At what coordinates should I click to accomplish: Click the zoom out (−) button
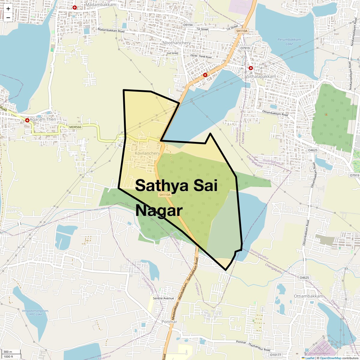[8, 17]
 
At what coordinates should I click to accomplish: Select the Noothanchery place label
[176, 43]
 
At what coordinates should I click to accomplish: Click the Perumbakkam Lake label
[289, 42]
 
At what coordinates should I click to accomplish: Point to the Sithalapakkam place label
[261, 76]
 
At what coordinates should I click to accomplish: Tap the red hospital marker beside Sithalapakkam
[251, 68]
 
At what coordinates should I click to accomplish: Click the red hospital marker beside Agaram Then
[27, 120]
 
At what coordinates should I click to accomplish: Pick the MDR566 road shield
[75, 127]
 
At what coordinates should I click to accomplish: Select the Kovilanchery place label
[147, 153]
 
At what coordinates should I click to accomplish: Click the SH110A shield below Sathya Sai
[165, 195]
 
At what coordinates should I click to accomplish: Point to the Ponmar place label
[169, 322]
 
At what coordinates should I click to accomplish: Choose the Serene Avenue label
[163, 298]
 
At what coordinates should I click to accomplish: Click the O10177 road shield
[275, 355]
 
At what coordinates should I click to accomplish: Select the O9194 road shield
[188, 25]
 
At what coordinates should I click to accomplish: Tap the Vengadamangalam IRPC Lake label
[35, 312]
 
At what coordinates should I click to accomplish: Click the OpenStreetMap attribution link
[330, 358]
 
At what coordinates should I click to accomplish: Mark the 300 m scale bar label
[8, 352]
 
